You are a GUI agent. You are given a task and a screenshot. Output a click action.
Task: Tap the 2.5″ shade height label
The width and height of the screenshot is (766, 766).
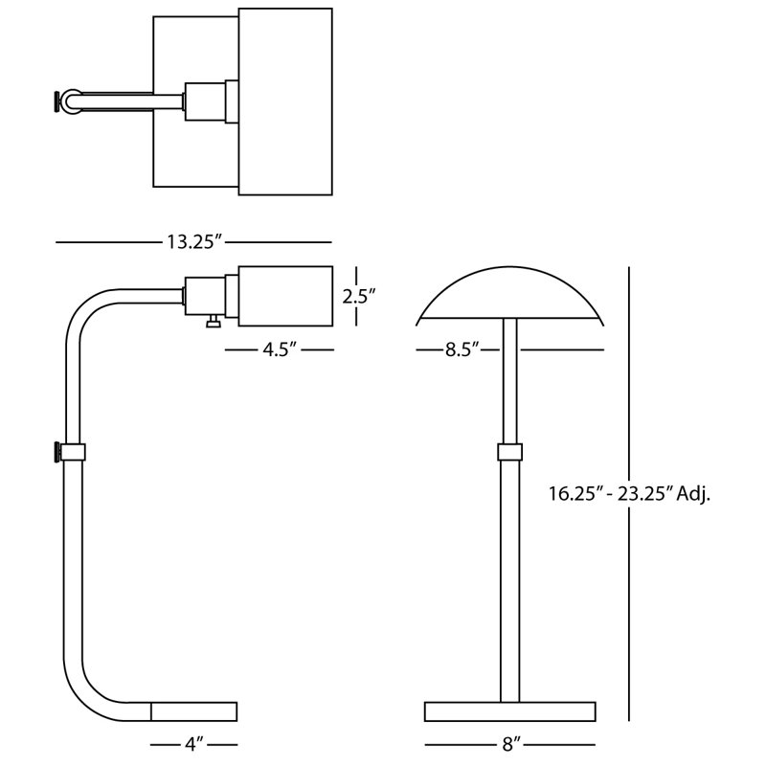click(358, 296)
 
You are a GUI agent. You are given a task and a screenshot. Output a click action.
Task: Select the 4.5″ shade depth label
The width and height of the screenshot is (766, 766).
click(280, 349)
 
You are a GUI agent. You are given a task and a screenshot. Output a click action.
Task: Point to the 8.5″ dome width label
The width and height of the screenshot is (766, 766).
click(462, 349)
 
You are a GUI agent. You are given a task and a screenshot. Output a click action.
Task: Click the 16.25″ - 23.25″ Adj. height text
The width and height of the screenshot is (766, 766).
click(629, 494)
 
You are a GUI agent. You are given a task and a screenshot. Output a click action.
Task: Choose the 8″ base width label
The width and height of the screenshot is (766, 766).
click(510, 745)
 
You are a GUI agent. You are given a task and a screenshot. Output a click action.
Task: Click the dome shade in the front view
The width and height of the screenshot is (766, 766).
click(510, 293)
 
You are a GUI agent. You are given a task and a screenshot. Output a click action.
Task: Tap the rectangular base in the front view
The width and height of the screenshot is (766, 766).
click(510, 711)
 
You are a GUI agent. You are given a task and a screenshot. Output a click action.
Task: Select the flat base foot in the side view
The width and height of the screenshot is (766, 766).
click(194, 711)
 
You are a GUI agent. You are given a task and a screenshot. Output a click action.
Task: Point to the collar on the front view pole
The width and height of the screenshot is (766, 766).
click(510, 452)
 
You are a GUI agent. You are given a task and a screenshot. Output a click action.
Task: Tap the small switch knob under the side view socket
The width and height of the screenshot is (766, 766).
click(213, 321)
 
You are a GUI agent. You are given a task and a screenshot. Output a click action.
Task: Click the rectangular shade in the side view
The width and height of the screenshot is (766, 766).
click(285, 296)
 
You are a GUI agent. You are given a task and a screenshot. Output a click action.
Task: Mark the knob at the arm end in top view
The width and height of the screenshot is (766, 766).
click(58, 101)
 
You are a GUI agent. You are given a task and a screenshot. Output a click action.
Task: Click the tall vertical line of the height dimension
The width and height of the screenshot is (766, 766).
click(629, 494)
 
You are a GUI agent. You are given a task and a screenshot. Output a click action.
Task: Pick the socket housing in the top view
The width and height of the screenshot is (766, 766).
click(205, 101)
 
